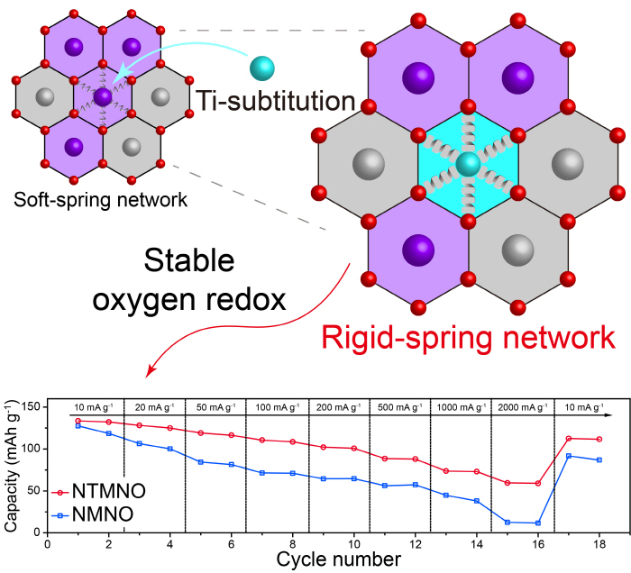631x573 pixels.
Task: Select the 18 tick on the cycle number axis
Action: tap(599, 542)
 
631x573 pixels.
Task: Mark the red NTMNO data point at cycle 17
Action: tap(569, 439)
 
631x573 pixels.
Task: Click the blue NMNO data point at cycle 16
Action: tap(538, 523)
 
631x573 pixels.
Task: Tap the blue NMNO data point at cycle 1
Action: tap(78, 425)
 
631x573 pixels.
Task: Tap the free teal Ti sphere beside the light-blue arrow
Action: tap(262, 68)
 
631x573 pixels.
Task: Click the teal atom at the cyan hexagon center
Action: tap(467, 165)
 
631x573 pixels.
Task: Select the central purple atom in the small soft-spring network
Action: tap(103, 95)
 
